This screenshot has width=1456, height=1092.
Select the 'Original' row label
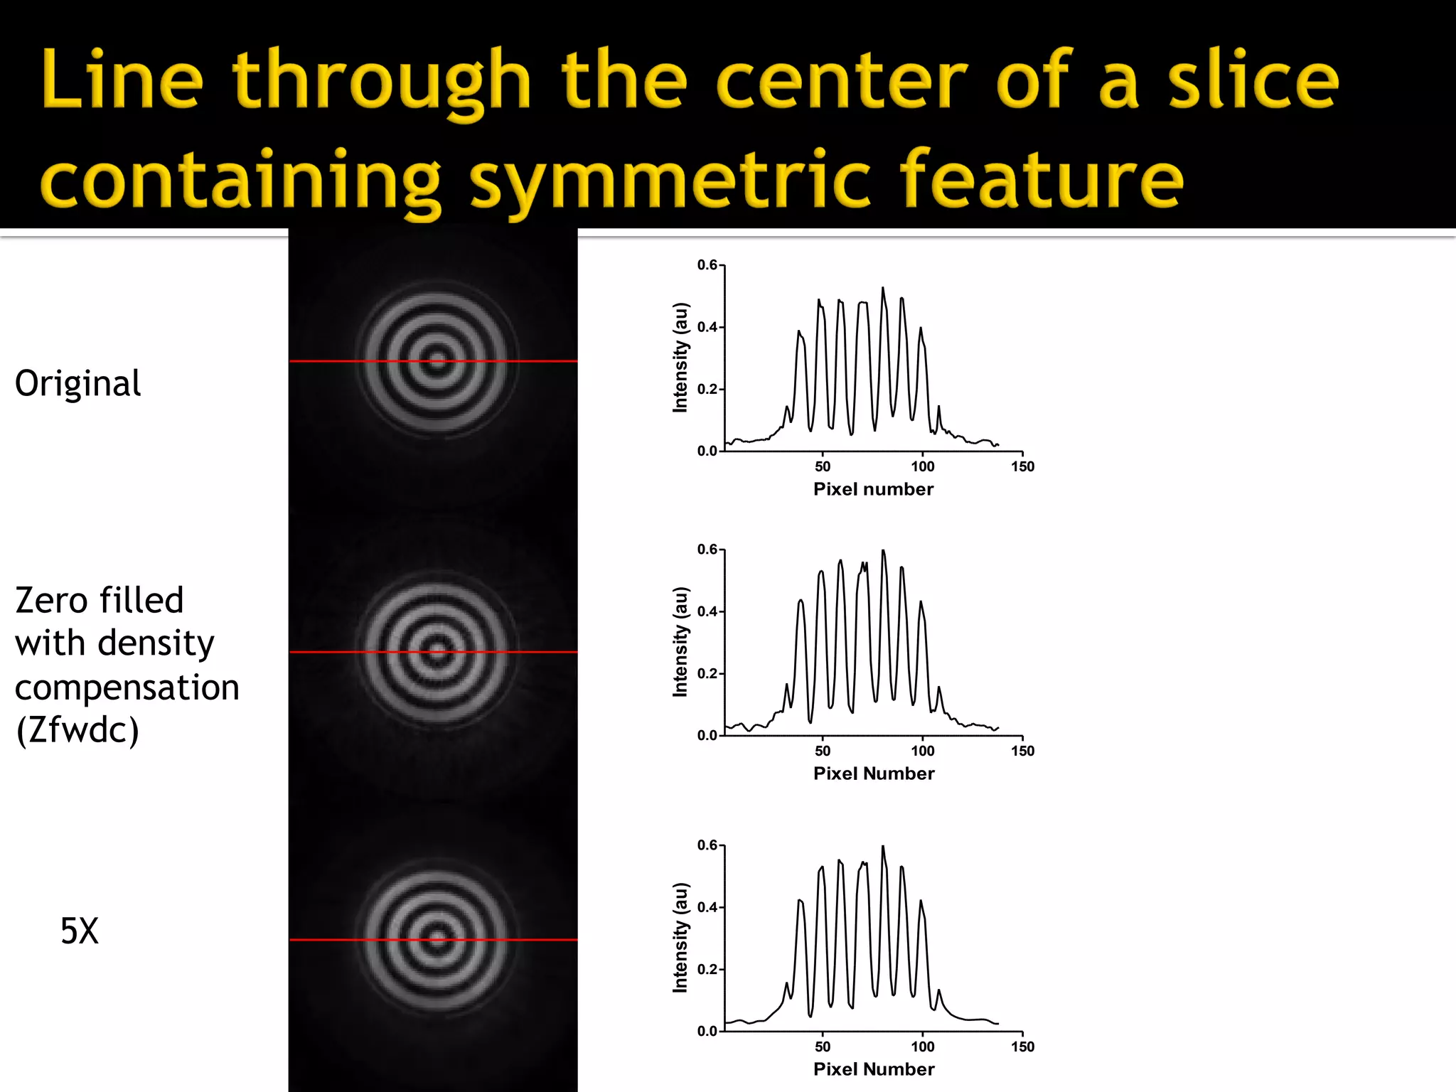tap(77, 383)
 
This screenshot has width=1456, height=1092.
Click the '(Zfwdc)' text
tap(77, 729)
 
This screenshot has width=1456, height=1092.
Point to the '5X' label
tap(79, 931)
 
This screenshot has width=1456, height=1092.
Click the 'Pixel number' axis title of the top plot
tap(873, 489)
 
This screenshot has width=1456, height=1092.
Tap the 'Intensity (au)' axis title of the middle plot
tap(680, 642)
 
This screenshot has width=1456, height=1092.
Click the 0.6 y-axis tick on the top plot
tap(707, 265)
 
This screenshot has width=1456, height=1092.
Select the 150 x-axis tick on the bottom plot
tap(1022, 1046)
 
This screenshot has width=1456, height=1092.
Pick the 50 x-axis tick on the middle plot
tap(823, 751)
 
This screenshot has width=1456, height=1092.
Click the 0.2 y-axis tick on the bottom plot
tap(707, 969)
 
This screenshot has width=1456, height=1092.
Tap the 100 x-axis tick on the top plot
tap(923, 466)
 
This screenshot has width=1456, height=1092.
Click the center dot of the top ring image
tap(437, 361)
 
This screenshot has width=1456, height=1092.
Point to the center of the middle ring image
tap(437, 651)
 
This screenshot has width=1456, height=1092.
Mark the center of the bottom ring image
tap(437, 940)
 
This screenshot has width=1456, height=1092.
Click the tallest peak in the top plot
tap(883, 289)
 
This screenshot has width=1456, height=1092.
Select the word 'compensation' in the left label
tap(127, 687)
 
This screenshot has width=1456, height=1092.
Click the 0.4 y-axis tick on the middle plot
tap(707, 611)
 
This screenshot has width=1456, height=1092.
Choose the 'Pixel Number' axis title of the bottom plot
tap(874, 1069)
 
